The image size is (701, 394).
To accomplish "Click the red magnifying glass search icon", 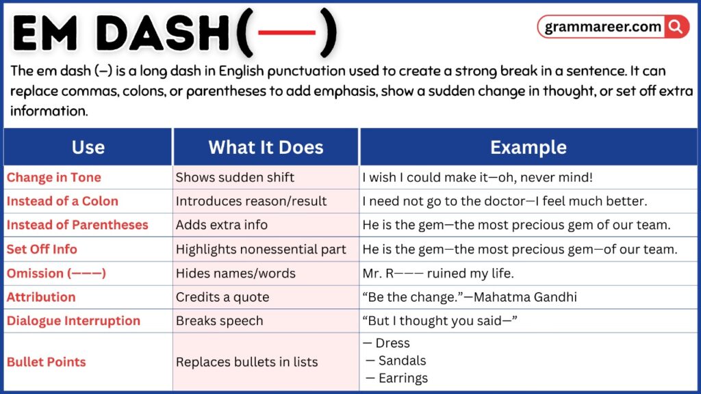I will click(676, 27).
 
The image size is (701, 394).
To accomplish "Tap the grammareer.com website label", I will click(603, 27).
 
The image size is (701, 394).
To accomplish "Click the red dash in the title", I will click(286, 33).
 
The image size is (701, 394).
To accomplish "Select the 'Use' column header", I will click(88, 147).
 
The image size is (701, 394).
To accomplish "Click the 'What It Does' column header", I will click(266, 147).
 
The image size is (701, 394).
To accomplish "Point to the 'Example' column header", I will click(528, 147).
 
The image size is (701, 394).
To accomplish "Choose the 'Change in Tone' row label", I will click(54, 177).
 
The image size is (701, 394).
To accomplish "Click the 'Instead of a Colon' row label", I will click(62, 201).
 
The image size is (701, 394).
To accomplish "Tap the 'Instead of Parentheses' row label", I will click(77, 225).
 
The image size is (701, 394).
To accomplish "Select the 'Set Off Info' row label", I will click(42, 249).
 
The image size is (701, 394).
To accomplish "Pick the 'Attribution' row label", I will click(41, 297).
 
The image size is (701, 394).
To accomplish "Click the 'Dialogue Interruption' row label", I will click(73, 321).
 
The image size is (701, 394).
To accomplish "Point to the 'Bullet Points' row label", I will click(47, 362).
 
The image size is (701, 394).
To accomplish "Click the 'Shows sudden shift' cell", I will click(235, 177).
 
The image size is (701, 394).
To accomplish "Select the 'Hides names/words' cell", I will click(235, 273).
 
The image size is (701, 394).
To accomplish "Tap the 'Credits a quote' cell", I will click(222, 297).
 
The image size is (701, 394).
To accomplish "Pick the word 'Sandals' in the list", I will click(402, 360).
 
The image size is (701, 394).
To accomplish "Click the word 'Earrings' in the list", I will click(403, 378).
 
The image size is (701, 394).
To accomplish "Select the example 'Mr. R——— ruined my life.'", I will click(437, 273).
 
